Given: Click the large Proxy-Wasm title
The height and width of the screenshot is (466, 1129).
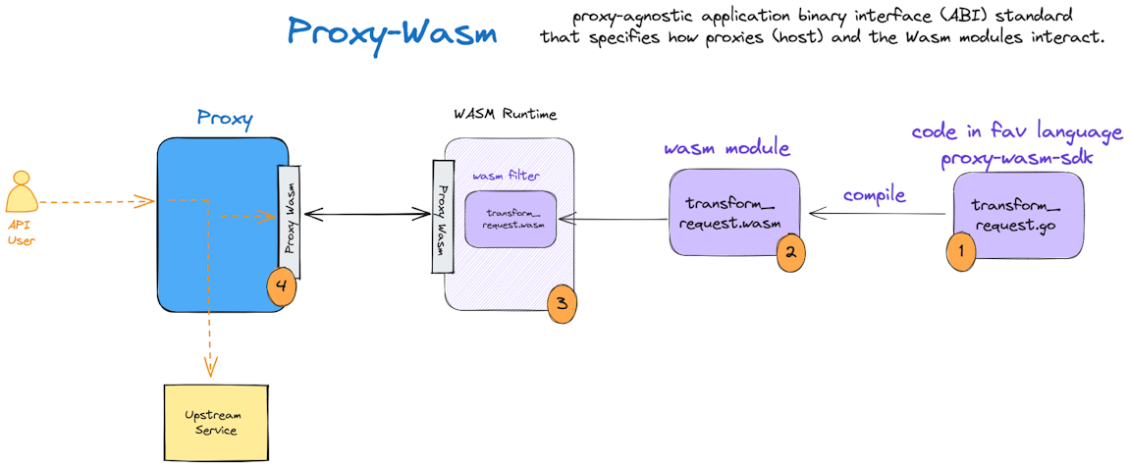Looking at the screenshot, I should coord(392,31).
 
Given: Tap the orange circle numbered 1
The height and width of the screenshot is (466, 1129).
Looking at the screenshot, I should coord(960,249).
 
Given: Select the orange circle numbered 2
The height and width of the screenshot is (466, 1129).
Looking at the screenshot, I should coord(790,251).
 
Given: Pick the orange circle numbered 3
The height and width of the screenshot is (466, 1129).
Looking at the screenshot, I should coord(562,303).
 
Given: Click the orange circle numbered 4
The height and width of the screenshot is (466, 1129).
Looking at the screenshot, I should coord(281,287).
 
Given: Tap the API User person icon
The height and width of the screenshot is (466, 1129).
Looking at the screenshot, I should coord(21,192).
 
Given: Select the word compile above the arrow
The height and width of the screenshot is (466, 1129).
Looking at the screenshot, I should coord(874,195).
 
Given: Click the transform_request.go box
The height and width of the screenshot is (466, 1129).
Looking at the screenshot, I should coord(1018,214).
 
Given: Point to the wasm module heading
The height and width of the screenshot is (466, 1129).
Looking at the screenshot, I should coord(727,148).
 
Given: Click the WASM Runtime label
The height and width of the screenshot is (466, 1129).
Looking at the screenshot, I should coord(505,114).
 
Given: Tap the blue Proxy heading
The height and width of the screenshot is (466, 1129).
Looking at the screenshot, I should coord(225,119).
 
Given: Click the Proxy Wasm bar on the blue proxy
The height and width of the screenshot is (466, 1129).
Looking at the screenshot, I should coord(290,208).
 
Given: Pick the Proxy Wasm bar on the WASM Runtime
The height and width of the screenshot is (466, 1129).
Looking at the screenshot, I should coord(442,216).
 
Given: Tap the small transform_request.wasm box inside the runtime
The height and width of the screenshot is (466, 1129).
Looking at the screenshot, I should coord(511,219).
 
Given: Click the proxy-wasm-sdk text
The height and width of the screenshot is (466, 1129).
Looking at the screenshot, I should coord(1016,158).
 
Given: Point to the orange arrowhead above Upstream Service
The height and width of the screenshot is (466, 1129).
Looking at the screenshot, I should coord(208,369).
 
